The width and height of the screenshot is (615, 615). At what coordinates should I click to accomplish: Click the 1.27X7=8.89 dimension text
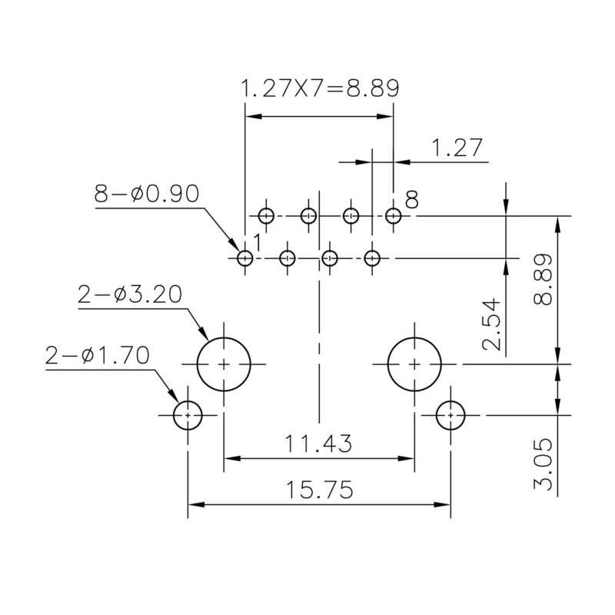(320, 88)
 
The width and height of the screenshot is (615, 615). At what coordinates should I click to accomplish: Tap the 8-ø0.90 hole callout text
(146, 194)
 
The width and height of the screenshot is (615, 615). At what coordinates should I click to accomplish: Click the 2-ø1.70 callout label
(98, 355)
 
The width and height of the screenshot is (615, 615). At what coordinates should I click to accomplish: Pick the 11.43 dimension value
(318, 444)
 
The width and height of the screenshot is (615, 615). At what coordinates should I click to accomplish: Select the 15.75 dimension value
(318, 490)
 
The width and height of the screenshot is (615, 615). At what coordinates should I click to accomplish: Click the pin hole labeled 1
(245, 258)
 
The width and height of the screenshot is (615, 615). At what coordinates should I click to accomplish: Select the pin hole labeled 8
(394, 216)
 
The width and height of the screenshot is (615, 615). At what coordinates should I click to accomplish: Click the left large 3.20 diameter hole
(224, 364)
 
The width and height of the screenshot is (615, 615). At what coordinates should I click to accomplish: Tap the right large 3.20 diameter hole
(414, 364)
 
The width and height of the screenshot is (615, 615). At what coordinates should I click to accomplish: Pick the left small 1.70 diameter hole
(188, 416)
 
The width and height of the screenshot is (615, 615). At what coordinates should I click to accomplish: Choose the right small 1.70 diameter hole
(450, 416)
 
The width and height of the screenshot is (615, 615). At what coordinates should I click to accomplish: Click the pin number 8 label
(412, 201)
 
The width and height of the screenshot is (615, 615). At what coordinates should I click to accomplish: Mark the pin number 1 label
(258, 242)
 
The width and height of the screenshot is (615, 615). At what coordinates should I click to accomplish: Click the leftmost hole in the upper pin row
(266, 216)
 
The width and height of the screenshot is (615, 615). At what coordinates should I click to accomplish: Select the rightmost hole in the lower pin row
(373, 258)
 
